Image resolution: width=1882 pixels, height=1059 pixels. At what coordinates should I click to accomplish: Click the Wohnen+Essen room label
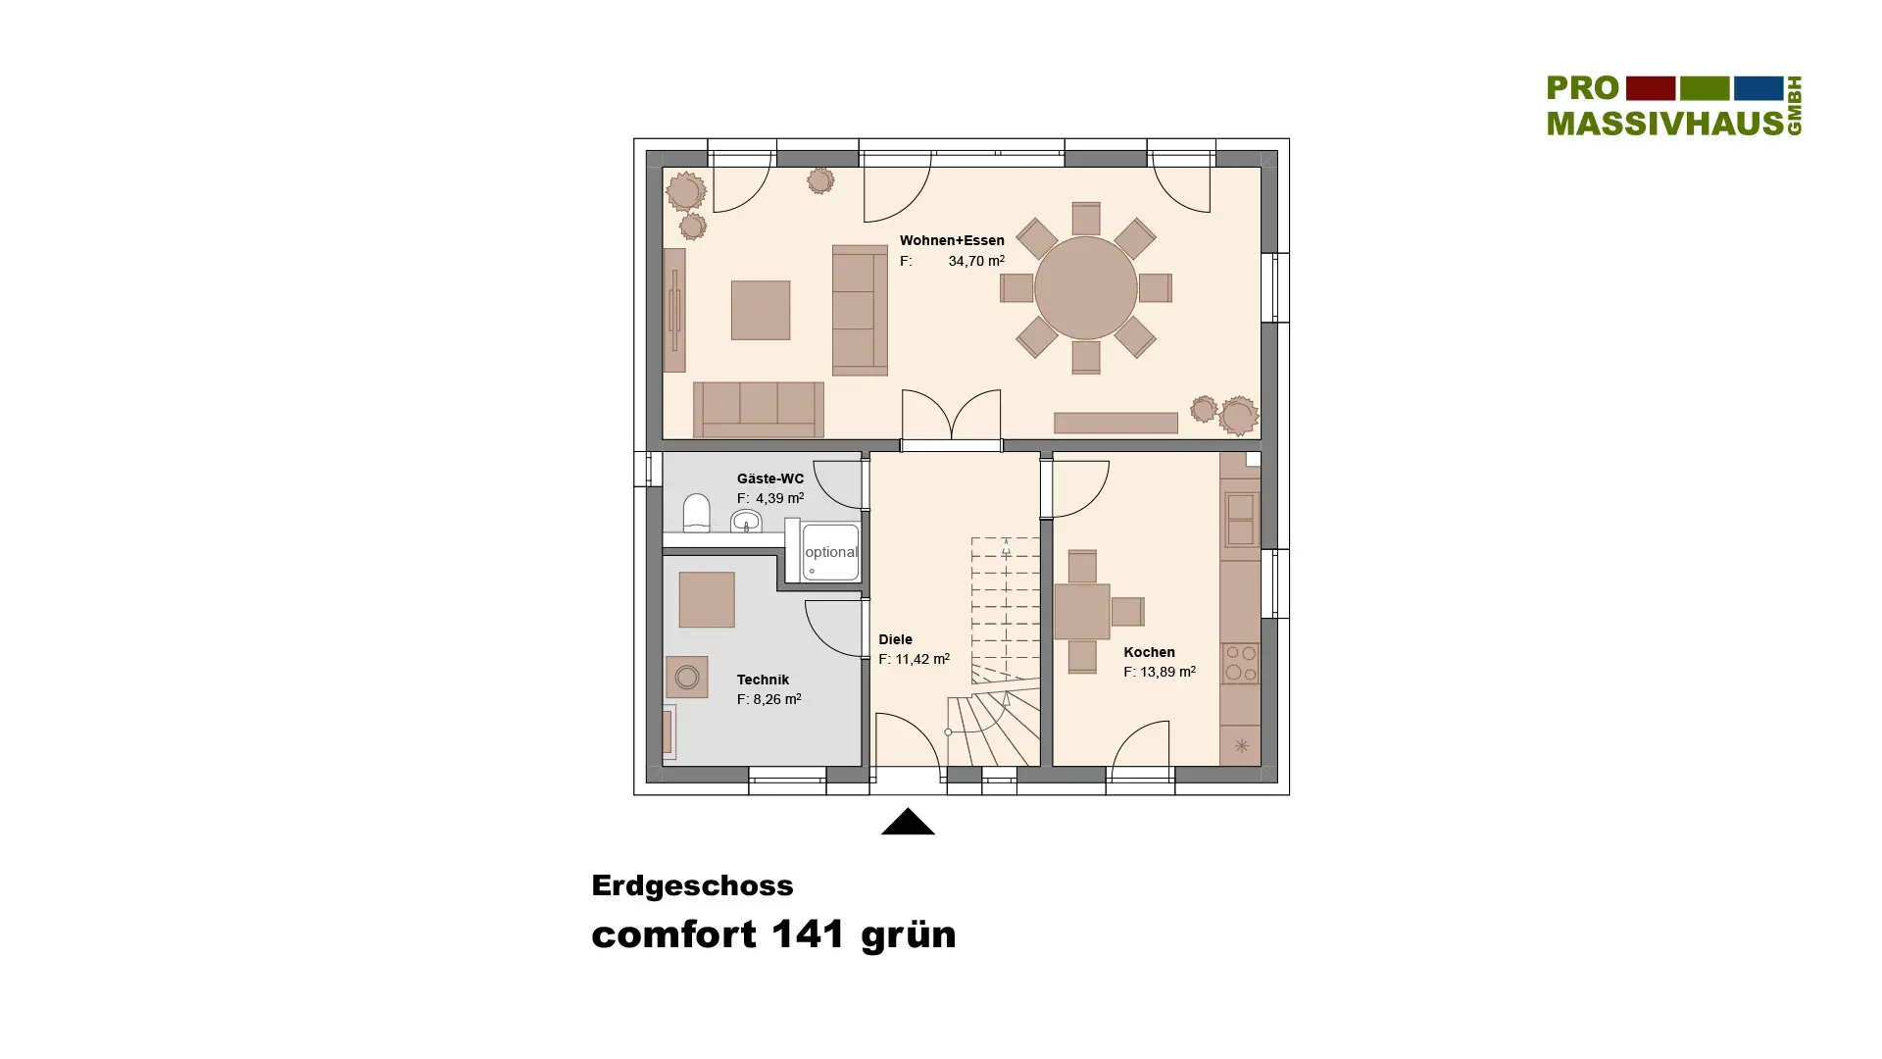click(952, 240)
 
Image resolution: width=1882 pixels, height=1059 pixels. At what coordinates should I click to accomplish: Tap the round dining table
click(1085, 288)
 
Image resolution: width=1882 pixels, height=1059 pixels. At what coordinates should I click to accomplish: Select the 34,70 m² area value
click(976, 261)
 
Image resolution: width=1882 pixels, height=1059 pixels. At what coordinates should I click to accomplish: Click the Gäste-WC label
click(770, 479)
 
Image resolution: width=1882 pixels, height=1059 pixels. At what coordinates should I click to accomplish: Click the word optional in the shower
click(831, 552)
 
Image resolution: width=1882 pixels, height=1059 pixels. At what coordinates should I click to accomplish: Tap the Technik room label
click(763, 680)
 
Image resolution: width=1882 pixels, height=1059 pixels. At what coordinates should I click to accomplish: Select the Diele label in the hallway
click(895, 639)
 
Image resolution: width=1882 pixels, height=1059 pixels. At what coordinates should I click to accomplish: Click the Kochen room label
click(1149, 652)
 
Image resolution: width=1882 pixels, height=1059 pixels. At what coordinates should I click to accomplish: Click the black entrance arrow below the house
click(908, 821)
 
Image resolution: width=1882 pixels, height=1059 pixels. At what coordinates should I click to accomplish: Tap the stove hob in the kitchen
click(1240, 663)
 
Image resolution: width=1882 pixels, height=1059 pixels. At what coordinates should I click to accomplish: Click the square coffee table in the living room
click(761, 310)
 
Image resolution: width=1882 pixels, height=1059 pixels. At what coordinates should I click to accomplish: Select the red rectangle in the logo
click(1651, 88)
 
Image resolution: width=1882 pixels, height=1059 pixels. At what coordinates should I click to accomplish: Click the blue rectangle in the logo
click(1758, 88)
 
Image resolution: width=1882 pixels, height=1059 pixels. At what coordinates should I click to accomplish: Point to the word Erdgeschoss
click(692, 885)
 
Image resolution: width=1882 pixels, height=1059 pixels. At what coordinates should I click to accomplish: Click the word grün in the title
click(909, 934)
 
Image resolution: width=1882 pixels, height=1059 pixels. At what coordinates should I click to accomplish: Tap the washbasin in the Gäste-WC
click(746, 521)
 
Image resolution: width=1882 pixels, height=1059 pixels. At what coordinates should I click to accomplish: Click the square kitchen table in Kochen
click(1082, 611)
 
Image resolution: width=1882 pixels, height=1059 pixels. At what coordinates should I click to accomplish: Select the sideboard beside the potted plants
click(1115, 423)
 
